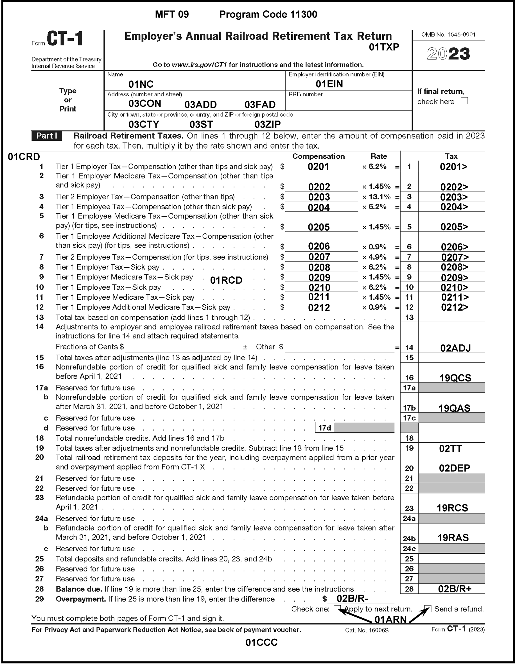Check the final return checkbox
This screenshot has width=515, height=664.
coord(464,101)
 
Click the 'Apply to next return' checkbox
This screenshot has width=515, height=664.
coord(337,608)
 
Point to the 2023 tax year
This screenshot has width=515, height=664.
coord(448,54)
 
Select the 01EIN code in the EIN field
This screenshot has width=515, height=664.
coord(329,84)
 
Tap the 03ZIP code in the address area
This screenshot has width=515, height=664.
coord(267,124)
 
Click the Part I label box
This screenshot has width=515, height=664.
coord(47,136)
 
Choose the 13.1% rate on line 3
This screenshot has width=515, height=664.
coord(378,197)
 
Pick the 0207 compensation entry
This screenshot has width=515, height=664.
coord(319,257)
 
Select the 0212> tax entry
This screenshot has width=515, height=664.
coord(455,307)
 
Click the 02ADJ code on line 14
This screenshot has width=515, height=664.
coord(455,348)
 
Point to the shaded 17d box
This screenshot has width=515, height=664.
coord(364,428)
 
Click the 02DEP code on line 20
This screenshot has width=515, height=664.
coord(454,468)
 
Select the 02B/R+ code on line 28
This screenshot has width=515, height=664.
coord(455,589)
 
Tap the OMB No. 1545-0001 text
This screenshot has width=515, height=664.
coord(448,35)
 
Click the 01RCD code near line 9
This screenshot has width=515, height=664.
coord(226,280)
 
